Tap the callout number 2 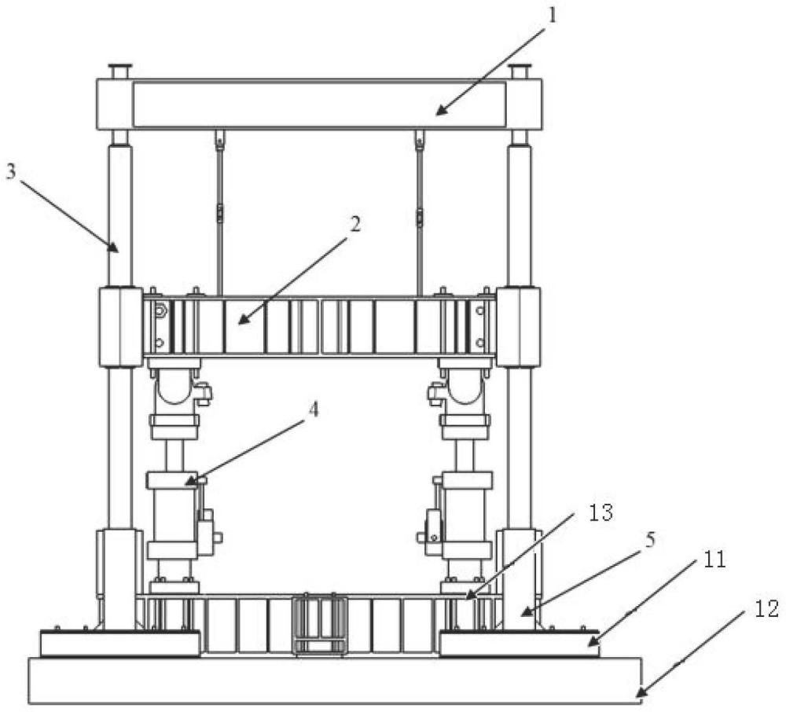pyautogui.click(x=355, y=223)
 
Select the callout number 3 pyautogui.click(x=11, y=171)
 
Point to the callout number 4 pyautogui.click(x=313, y=410)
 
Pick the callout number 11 pyautogui.click(x=714, y=560)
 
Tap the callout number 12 pyautogui.click(x=767, y=609)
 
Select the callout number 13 pyautogui.click(x=601, y=512)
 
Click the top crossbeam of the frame pyautogui.click(x=319, y=105)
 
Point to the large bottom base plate pyautogui.click(x=335, y=681)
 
